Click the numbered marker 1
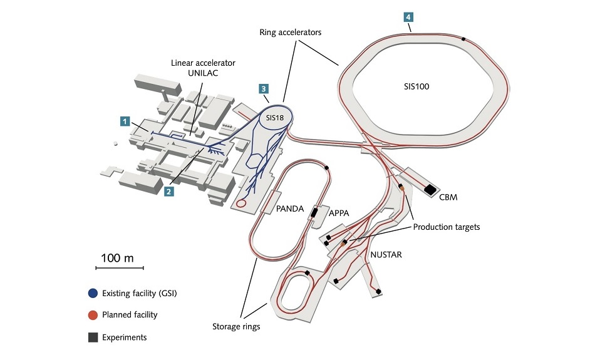coord(125,120)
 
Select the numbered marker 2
coord(168,192)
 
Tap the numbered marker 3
coord(264,89)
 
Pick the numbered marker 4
coord(408,18)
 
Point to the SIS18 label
coord(272,118)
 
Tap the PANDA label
coord(290,210)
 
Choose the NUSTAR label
coord(388,255)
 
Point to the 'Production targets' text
coord(447,227)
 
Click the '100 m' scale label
coord(118,258)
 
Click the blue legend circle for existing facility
coord(93,293)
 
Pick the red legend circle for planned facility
coord(93,315)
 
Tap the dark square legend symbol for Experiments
coord(93,337)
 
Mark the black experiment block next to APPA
coord(313,213)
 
